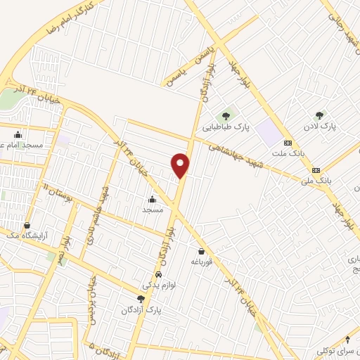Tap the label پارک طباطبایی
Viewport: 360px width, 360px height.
(226, 128)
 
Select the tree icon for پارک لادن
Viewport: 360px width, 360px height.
(320, 115)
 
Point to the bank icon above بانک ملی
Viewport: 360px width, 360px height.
(316, 169)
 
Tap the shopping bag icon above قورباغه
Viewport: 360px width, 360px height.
(202, 251)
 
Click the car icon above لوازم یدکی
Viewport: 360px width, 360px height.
(159, 274)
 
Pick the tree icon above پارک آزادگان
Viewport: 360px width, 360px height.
(141, 300)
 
